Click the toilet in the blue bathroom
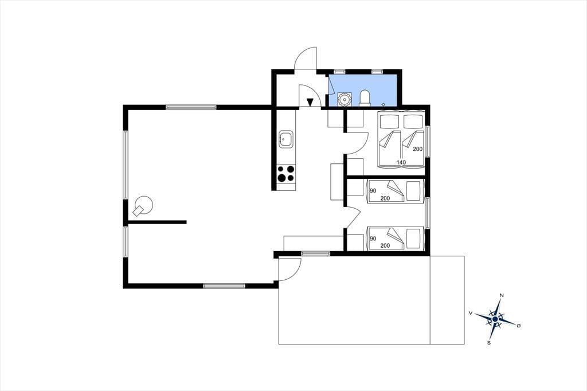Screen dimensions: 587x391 pos(365,98)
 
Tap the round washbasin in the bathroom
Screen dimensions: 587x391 pos(344,99)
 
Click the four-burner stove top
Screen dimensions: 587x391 pos(286,174)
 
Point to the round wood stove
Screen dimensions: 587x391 pos(143,206)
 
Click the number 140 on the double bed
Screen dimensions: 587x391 pos(401,163)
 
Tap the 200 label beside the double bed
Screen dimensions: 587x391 pos(418,148)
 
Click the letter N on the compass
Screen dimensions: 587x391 pos(502,295)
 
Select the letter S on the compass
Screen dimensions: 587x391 pos(488,342)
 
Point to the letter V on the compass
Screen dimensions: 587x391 pos(470,312)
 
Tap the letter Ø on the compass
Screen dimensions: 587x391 pos(518,326)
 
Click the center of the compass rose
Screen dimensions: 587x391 pos(495,319)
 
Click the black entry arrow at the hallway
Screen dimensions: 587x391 pos(310,102)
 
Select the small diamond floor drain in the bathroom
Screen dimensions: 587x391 pos(383,104)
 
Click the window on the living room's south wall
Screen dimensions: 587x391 pos(224,286)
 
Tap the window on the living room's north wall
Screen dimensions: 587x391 pos(191,107)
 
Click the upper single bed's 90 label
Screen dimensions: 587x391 pos(373,191)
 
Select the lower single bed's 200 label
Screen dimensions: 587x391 pos(385,246)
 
